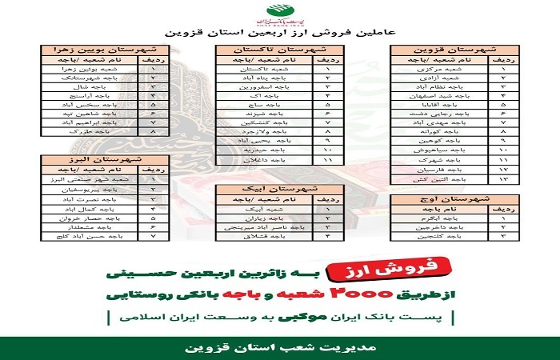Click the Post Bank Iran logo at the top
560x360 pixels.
coord(281,14)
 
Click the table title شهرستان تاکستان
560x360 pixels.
coord(281,49)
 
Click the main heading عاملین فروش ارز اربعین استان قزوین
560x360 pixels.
coord(281,34)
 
